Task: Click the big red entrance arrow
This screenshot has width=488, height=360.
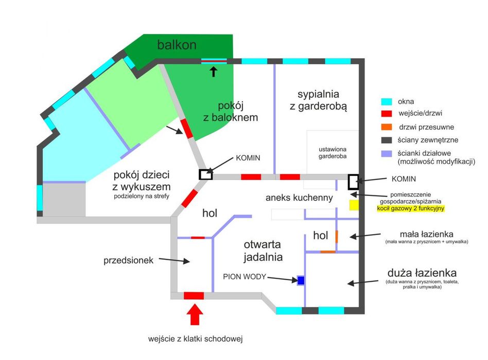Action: click(x=195, y=314)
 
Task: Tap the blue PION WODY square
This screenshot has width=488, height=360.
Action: click(x=301, y=280)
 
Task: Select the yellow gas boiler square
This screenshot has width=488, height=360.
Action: click(x=354, y=205)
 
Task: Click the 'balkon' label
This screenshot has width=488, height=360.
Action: click(x=177, y=45)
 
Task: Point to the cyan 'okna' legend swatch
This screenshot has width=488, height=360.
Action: click(x=387, y=102)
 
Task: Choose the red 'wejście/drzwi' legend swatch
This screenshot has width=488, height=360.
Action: click(x=387, y=114)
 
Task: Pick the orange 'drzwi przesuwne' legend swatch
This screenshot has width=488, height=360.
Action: click(x=387, y=127)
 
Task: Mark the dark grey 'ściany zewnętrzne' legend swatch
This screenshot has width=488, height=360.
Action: click(x=387, y=140)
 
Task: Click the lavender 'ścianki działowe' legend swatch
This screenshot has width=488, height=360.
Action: click(x=387, y=154)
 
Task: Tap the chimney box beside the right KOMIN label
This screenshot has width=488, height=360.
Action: click(x=353, y=182)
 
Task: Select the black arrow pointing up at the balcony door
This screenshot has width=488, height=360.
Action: click(x=213, y=71)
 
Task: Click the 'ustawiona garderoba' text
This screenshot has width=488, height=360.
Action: click(x=333, y=153)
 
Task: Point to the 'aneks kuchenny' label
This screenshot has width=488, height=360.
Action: click(x=299, y=197)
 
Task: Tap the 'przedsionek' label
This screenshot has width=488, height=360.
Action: click(x=128, y=260)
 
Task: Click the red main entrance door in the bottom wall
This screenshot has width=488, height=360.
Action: click(x=194, y=296)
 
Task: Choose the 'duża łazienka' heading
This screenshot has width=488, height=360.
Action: click(x=422, y=273)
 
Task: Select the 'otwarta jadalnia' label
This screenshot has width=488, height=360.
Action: click(x=263, y=251)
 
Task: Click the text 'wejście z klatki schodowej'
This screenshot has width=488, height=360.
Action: click(x=195, y=339)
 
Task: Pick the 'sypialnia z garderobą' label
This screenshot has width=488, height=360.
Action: click(x=318, y=100)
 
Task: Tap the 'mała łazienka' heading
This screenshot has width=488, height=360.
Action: click(x=426, y=234)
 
